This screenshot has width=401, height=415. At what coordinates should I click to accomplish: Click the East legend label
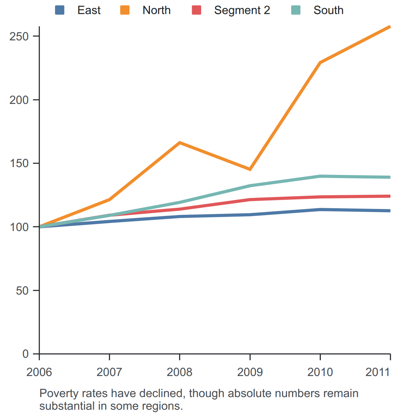89,10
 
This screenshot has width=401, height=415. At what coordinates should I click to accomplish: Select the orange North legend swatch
125,10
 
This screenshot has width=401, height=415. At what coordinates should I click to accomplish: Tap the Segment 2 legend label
242,10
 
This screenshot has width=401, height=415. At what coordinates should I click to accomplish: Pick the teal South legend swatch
296,10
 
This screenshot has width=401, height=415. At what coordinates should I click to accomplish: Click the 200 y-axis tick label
19,100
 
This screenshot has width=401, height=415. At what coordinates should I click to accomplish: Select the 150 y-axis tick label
19,163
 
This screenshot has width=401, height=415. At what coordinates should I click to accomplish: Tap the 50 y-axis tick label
22,291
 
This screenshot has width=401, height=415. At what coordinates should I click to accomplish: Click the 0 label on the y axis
25,354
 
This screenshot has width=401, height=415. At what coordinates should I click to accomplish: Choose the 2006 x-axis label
39,372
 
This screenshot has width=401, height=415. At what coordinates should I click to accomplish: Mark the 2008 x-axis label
179,372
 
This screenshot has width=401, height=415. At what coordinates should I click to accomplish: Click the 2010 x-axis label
320,372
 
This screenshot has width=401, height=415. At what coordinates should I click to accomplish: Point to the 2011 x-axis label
378,372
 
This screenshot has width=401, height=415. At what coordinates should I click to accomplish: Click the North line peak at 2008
179,143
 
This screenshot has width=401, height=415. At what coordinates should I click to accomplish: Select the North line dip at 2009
250,169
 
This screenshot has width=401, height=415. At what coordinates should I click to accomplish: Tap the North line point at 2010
320,63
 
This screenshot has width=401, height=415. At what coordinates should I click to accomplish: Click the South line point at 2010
320,176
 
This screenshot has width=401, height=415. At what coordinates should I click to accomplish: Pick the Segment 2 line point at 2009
250,199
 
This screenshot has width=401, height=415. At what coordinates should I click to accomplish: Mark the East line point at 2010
320,210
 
